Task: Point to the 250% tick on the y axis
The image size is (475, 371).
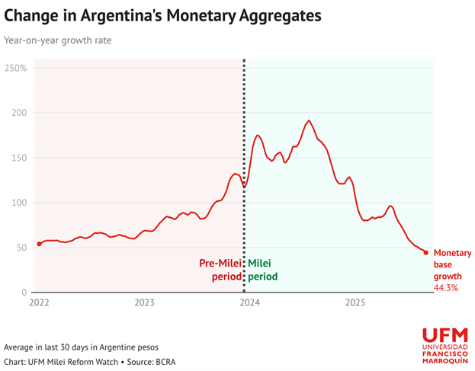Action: click(x=15, y=68)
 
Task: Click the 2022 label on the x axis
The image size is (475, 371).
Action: click(x=40, y=303)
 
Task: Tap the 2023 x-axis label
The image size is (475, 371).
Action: click(x=144, y=303)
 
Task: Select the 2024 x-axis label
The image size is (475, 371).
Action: click(x=249, y=303)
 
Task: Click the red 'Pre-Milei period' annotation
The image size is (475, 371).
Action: click(x=220, y=270)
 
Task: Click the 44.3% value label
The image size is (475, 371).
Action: click(x=446, y=288)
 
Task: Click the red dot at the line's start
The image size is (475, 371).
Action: click(x=39, y=244)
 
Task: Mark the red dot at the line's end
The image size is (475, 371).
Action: click(x=426, y=252)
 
